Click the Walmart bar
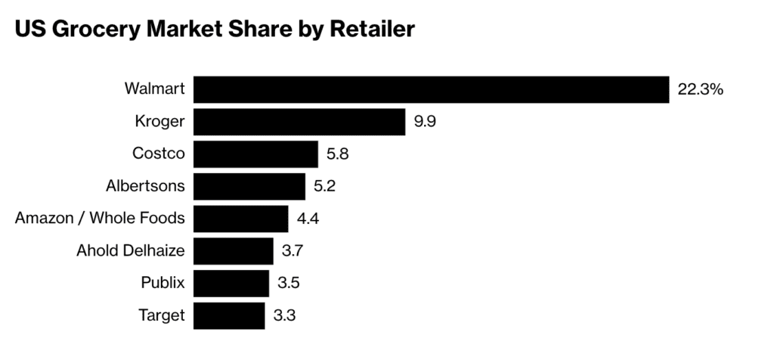[x=431, y=89]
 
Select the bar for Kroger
[x=299, y=122]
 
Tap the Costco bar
[x=255, y=154]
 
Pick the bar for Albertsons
[x=249, y=186]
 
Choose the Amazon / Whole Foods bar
[x=240, y=219]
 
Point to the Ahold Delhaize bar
[x=233, y=250]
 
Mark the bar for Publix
[x=231, y=283]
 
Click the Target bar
[x=229, y=315]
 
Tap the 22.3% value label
[x=701, y=89]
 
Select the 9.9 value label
[x=425, y=122]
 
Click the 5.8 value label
[x=338, y=154]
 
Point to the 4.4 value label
[x=308, y=219]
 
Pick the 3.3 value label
[x=285, y=315]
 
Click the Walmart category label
[x=154, y=89]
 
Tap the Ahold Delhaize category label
[x=131, y=251]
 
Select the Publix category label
[x=163, y=284]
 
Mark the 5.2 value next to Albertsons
[x=325, y=186]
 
